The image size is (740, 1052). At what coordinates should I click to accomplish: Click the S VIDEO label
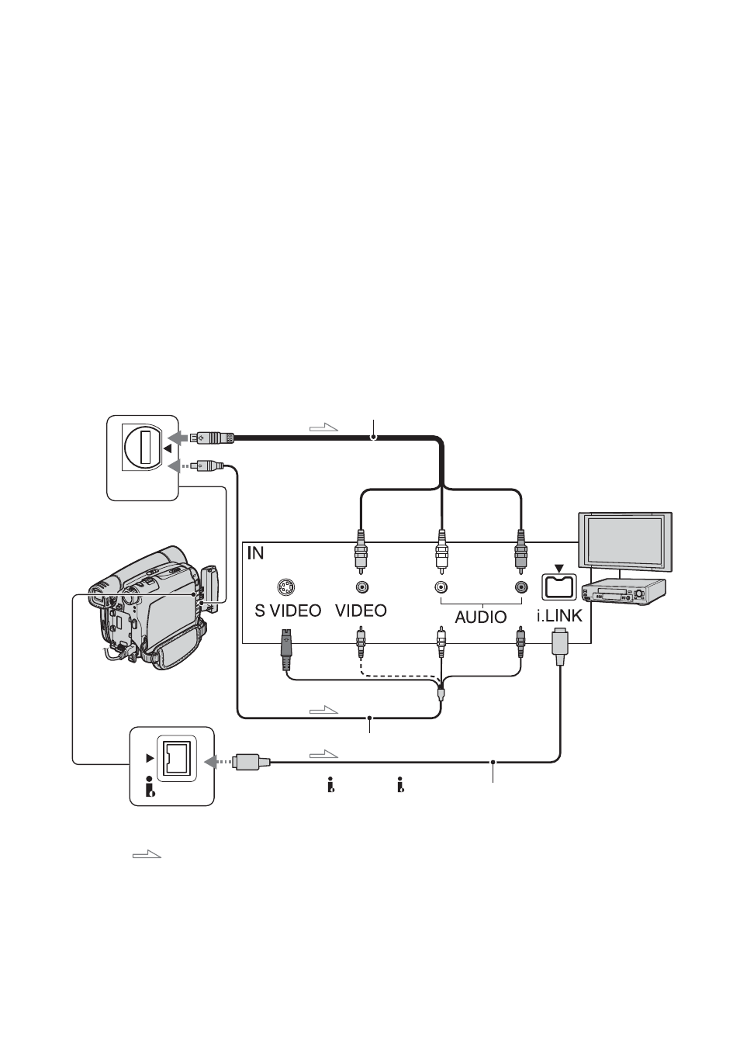pyautogui.click(x=288, y=611)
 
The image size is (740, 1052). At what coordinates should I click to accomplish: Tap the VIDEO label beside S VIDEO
pyautogui.click(x=361, y=611)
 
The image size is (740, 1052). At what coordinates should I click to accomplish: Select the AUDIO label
pyautogui.click(x=481, y=617)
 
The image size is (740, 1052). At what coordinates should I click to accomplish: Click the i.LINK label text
pyautogui.click(x=560, y=615)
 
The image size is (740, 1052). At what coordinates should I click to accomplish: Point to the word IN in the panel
pyautogui.click(x=255, y=553)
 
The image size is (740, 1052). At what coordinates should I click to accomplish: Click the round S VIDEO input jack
pyautogui.click(x=286, y=587)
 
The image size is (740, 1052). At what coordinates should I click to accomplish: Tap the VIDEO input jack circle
pyautogui.click(x=361, y=587)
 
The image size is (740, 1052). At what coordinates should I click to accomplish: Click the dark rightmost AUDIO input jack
pyautogui.click(x=520, y=587)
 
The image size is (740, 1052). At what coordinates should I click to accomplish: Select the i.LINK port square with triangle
pyautogui.click(x=558, y=586)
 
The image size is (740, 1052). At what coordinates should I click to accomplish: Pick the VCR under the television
pyautogui.click(x=624, y=591)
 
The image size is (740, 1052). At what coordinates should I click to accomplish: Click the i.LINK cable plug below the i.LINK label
pyautogui.click(x=560, y=646)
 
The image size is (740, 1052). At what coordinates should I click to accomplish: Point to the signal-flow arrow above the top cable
pyautogui.click(x=323, y=427)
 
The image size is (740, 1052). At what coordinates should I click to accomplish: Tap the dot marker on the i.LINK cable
pyautogui.click(x=493, y=762)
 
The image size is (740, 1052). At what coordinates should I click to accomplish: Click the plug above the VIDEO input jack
pyautogui.click(x=361, y=552)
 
